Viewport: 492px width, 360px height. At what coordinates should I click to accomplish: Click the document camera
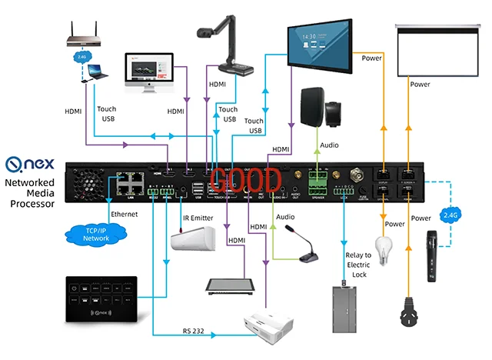click(x=227, y=46)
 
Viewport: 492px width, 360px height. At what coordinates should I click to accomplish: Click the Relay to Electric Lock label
click(x=357, y=265)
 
